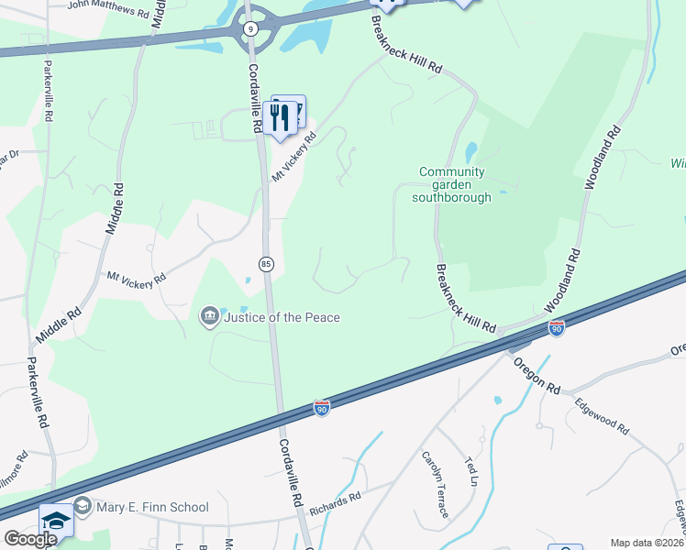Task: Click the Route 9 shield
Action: coord(250,28)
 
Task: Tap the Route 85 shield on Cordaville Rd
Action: coord(265,264)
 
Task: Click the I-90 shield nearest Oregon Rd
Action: coord(556,327)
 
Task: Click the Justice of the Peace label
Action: coord(282,317)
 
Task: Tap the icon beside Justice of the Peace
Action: coord(209,317)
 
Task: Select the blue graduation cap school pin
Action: coord(56,522)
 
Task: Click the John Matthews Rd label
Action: coord(108,10)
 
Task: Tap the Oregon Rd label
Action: coord(536,373)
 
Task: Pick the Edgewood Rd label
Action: coord(603,414)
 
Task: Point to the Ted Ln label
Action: coord(472,471)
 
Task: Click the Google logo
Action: coord(29,539)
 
